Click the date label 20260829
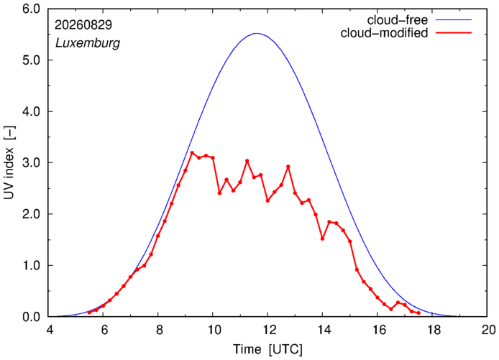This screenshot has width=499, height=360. click(x=83, y=25)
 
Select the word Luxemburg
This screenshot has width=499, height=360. click(x=88, y=42)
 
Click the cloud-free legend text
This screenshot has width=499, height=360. click(x=398, y=20)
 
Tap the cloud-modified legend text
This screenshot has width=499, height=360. click(x=384, y=33)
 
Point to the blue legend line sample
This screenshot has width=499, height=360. click(x=454, y=19)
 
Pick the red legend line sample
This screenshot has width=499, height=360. click(x=454, y=32)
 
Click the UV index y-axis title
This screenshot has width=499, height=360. click(x=9, y=163)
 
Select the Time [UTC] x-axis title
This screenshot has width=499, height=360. click(x=268, y=349)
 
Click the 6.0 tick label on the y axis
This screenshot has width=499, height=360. click(x=31, y=9)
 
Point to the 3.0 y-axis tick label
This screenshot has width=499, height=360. click(x=31, y=162)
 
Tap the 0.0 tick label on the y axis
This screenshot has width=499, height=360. click(x=31, y=317)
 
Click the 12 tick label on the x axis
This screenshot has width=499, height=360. click(x=267, y=330)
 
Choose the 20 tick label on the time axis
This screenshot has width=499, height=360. click(x=487, y=330)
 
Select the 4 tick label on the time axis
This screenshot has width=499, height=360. click(x=50, y=330)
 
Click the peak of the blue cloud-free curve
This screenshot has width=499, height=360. click(x=257, y=33)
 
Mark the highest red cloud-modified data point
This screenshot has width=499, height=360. click(x=192, y=153)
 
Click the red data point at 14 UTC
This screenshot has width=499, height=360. click(x=322, y=239)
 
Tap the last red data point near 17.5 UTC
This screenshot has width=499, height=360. click(x=418, y=313)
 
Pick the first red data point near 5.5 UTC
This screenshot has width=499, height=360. click(x=89, y=313)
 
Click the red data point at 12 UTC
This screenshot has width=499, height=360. click(x=267, y=200)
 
